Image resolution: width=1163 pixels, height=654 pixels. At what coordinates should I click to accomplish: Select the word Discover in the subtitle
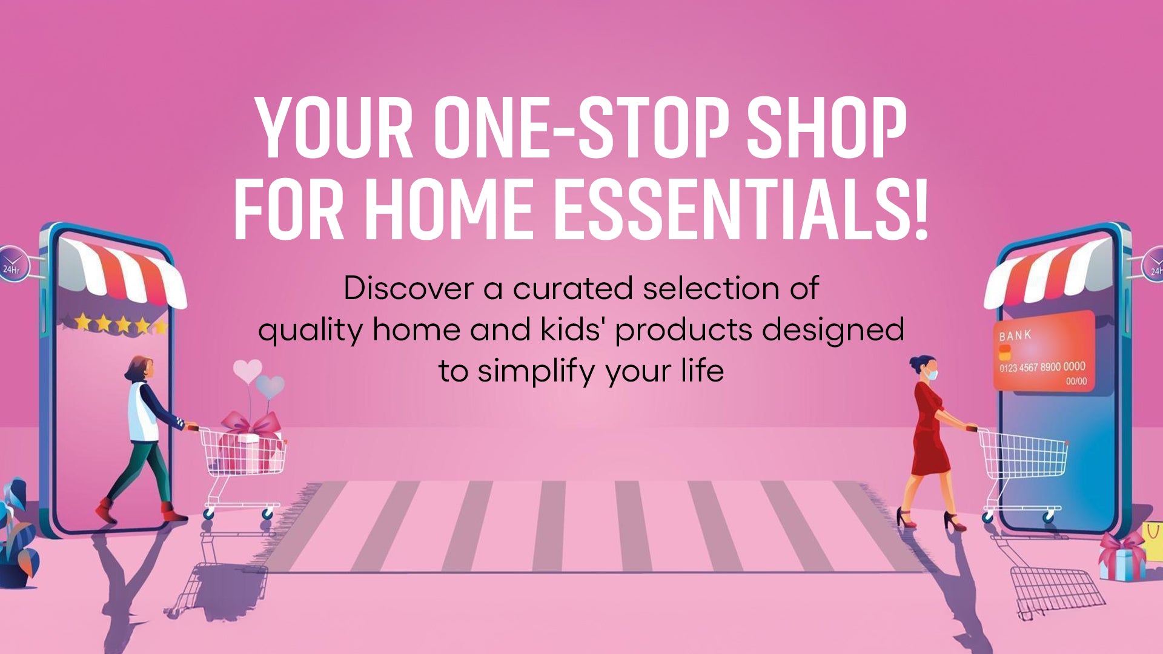[x=408, y=288]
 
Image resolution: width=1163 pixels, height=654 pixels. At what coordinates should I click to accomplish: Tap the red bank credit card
[x=1044, y=351]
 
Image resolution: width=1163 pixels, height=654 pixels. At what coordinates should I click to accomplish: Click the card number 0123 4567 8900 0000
[x=1042, y=367]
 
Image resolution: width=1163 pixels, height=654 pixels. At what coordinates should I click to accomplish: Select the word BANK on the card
[x=1015, y=335]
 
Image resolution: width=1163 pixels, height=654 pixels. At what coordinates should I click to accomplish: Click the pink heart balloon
[x=247, y=370]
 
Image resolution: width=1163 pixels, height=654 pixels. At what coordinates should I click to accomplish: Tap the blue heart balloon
[x=270, y=386]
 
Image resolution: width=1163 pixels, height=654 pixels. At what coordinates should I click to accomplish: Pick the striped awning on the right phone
[x=1048, y=272]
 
